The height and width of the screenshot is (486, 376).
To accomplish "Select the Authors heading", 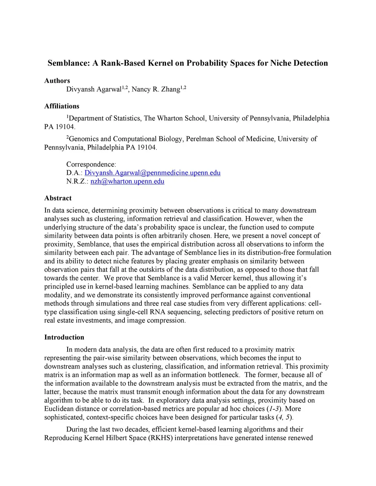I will point(57,81).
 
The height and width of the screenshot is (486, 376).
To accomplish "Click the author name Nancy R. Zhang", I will point(156,89).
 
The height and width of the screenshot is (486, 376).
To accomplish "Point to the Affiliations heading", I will point(62,106).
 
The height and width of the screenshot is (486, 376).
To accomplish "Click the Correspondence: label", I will point(91,164).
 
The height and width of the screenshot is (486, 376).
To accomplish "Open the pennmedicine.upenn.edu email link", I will point(152,173).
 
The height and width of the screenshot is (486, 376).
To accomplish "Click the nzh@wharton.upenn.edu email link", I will point(127,181).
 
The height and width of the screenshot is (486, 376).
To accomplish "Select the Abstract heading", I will point(58,198).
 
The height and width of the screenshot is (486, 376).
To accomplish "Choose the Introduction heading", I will point(64,337).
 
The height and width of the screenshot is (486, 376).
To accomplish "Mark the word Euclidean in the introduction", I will point(58,409).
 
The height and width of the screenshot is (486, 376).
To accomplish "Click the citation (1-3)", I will point(274,409).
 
